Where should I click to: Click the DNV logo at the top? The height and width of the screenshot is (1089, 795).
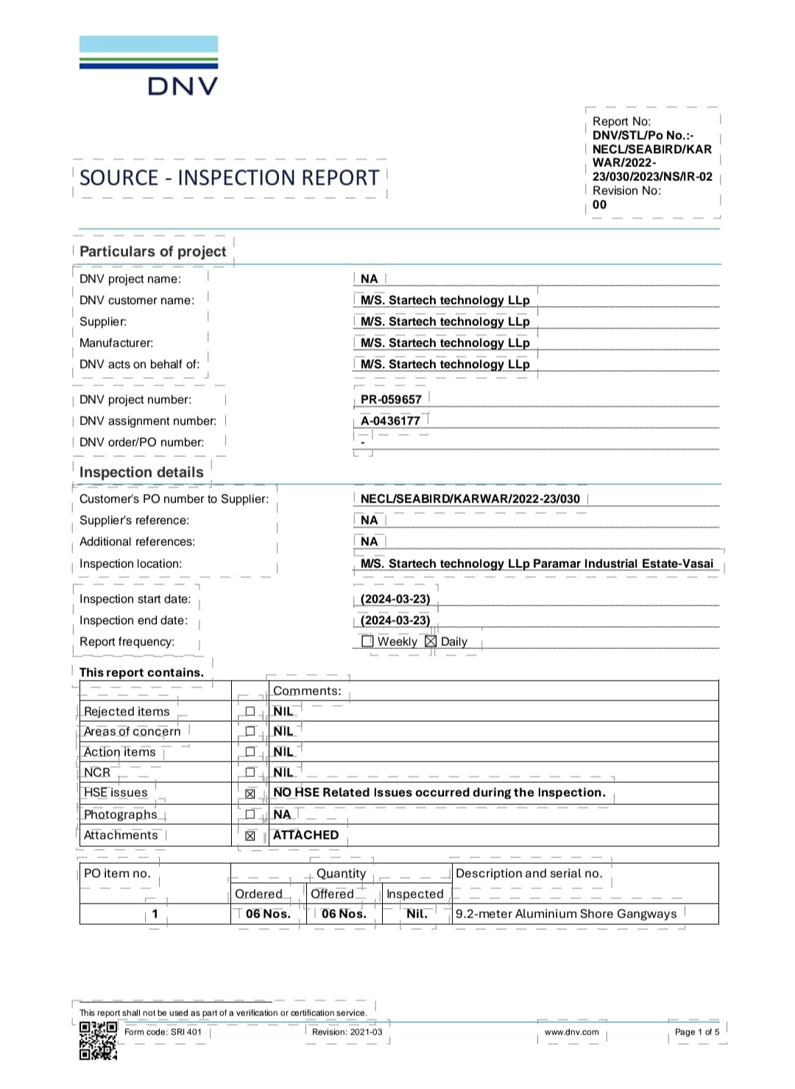[149, 66]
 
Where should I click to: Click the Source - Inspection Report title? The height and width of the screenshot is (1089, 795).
[229, 178]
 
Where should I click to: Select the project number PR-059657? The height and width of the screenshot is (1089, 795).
[391, 400]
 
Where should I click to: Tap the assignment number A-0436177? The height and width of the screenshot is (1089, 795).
[390, 421]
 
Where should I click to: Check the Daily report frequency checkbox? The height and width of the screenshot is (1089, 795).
[431, 642]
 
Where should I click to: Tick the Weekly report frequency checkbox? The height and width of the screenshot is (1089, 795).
[367, 642]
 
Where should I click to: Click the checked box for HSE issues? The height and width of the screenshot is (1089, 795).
[250, 794]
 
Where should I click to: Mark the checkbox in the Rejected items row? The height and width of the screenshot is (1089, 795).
[250, 712]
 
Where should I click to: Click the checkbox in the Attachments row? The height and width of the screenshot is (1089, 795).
[250, 836]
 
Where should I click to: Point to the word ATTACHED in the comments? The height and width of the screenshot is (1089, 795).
[305, 835]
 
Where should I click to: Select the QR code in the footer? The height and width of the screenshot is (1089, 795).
[98, 1041]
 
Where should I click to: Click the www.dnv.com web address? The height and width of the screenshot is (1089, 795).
[571, 1032]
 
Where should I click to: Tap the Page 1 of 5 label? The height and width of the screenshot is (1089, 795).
[697, 1032]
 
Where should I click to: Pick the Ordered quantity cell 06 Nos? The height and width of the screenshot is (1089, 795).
[268, 914]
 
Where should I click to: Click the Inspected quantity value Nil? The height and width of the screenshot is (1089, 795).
[417, 914]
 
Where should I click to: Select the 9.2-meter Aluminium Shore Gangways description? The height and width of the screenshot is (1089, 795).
[566, 914]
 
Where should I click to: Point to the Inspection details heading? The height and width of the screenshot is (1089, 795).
[141, 472]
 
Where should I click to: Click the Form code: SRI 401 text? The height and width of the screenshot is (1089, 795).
[163, 1032]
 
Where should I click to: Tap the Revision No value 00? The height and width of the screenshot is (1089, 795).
[599, 205]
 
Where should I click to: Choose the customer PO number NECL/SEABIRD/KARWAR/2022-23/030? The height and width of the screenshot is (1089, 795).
[470, 499]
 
